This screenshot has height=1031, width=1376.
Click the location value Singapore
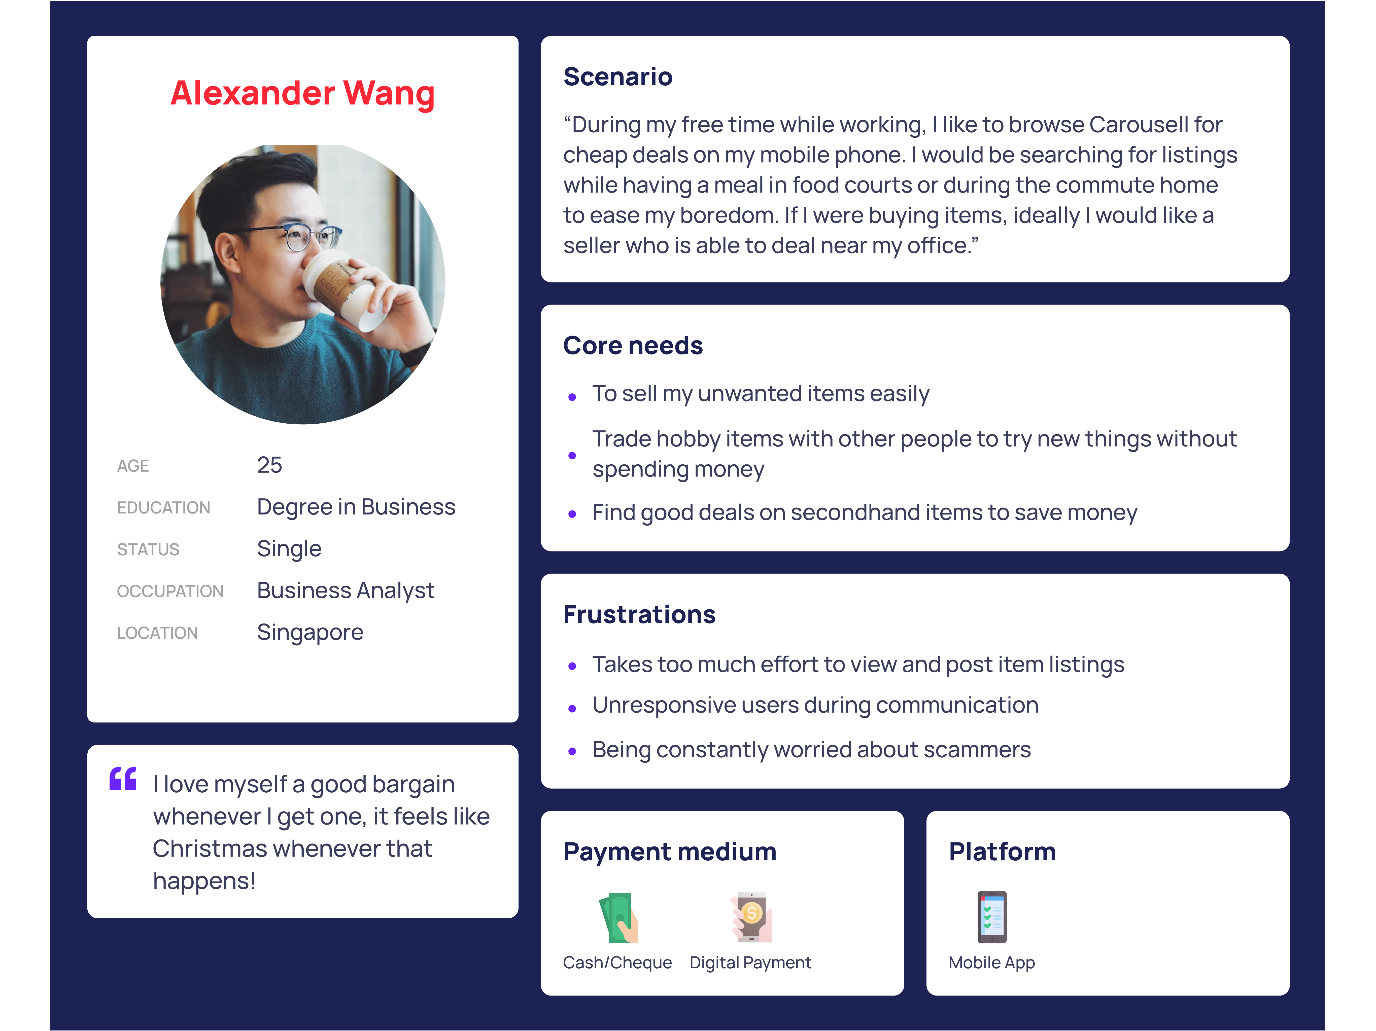310,632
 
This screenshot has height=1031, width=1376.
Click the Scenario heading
618,77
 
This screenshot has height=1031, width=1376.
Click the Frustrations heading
639,614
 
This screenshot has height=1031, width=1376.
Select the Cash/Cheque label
617,963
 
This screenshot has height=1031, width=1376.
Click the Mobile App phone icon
992,917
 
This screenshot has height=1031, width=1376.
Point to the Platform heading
1002,851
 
